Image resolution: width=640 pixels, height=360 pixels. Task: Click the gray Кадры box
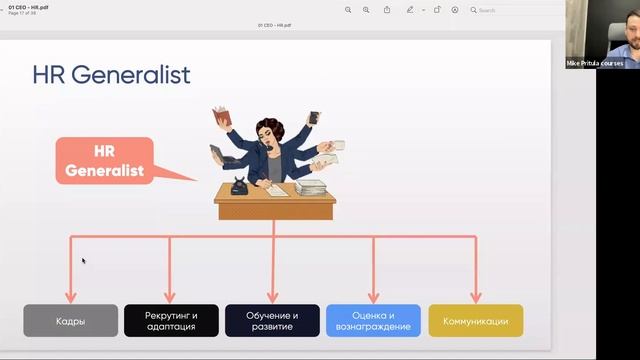(70, 321)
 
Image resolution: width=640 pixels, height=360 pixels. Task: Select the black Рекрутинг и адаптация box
(171, 321)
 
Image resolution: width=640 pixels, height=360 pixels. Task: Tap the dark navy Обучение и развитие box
(272, 321)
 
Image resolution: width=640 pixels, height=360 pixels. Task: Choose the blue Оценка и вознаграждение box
(373, 321)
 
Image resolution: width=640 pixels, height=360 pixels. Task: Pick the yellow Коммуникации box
(475, 321)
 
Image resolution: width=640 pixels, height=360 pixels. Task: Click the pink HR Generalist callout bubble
(119, 161)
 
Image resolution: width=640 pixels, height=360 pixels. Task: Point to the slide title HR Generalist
(111, 75)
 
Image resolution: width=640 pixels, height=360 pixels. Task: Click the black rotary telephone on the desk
(240, 186)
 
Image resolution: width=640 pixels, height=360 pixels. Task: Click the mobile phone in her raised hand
(313, 117)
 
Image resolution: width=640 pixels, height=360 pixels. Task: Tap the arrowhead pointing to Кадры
(70, 297)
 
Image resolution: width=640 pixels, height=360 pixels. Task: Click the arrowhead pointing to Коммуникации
(475, 297)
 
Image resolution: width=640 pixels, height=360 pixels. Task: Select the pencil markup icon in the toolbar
(410, 10)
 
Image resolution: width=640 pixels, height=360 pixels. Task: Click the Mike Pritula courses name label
(595, 63)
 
